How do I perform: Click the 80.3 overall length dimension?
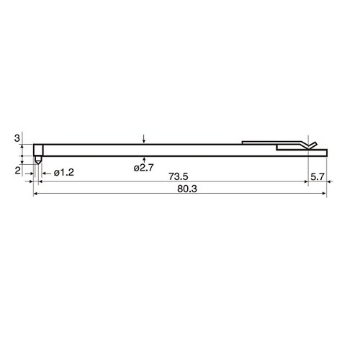click(x=187, y=189)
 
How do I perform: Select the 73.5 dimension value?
click(x=178, y=176)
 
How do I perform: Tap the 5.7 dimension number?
click(x=318, y=177)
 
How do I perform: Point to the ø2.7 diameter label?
click(x=143, y=168)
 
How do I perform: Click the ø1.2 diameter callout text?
click(x=64, y=173)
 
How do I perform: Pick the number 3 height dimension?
click(x=17, y=138)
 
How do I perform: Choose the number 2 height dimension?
click(x=17, y=171)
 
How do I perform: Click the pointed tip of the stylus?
click(x=38, y=164)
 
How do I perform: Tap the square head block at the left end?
click(x=38, y=150)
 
